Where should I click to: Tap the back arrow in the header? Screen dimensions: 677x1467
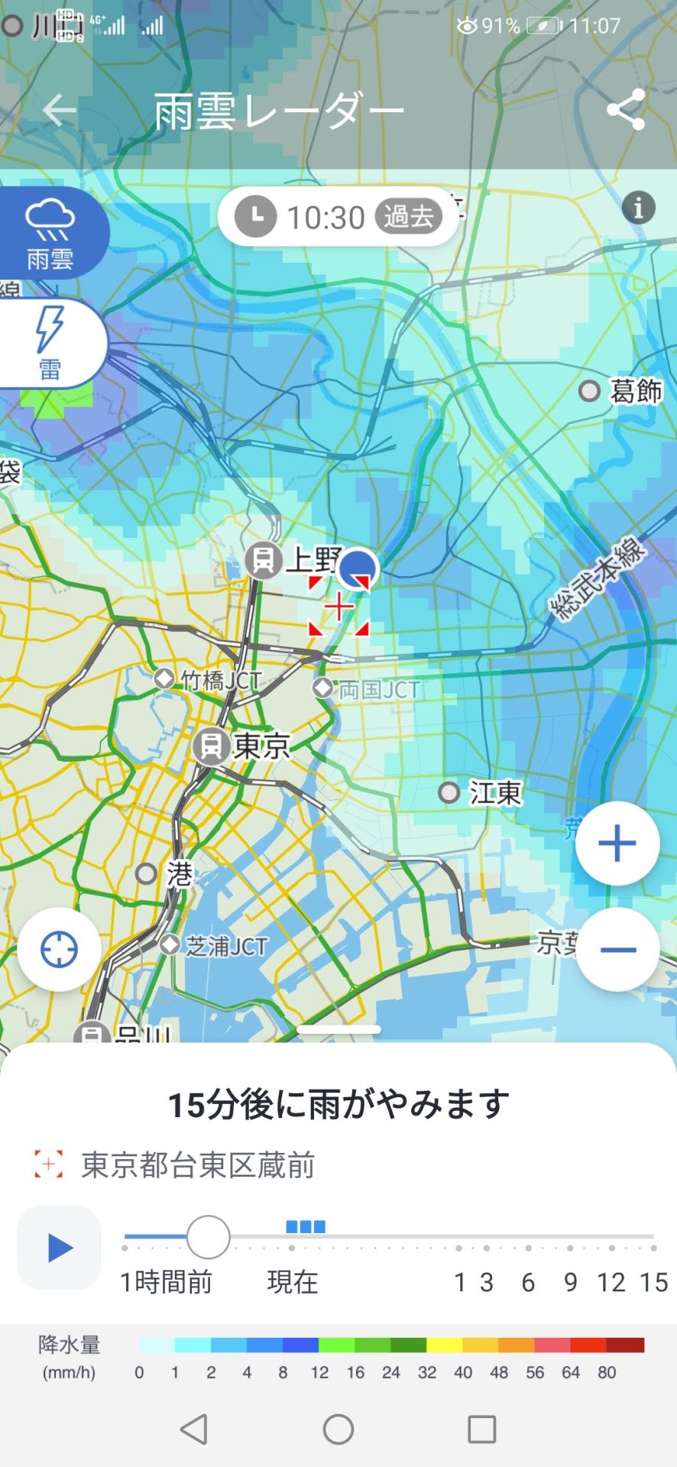(x=59, y=111)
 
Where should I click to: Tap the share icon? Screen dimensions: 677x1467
(x=626, y=110)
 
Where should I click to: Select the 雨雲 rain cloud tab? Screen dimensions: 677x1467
(x=50, y=232)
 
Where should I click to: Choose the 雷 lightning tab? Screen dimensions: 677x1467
(x=50, y=344)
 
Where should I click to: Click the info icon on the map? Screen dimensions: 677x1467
(x=638, y=207)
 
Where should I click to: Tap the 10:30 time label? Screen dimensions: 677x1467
(x=326, y=218)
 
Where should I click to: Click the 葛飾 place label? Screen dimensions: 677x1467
(x=635, y=391)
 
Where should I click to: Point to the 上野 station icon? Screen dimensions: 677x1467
(x=263, y=560)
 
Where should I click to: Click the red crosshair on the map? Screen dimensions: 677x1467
(x=338, y=607)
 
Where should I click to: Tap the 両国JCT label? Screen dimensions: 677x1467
(x=379, y=690)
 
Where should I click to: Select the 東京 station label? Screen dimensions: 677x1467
(x=262, y=746)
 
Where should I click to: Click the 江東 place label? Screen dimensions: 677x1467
(x=495, y=792)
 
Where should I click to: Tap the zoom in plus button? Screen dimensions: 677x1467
(x=617, y=844)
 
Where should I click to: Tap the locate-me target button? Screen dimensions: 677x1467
(x=59, y=950)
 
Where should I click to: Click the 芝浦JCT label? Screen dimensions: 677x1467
(x=227, y=946)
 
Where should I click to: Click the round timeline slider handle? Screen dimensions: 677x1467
(x=208, y=1237)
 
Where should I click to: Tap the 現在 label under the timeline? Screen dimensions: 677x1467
(x=292, y=1282)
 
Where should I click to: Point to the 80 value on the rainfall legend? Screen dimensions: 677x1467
(x=607, y=1372)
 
